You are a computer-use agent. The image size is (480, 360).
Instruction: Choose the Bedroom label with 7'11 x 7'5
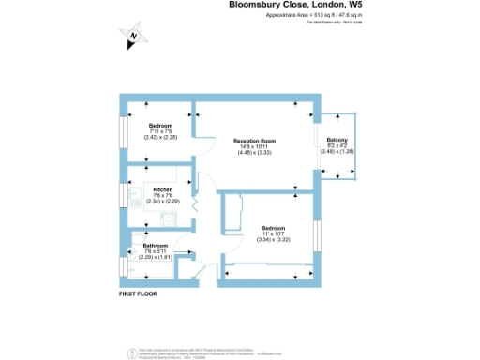coord(160,125)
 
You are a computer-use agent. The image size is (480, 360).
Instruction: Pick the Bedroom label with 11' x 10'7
coord(273,228)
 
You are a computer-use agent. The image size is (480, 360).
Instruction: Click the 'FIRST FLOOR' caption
coord(138,294)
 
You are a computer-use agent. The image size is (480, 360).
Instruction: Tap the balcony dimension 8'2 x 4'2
coord(337,146)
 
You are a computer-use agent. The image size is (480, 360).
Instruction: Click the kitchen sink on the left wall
coord(125,195)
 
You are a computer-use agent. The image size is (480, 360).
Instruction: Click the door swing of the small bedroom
coord(199,142)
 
